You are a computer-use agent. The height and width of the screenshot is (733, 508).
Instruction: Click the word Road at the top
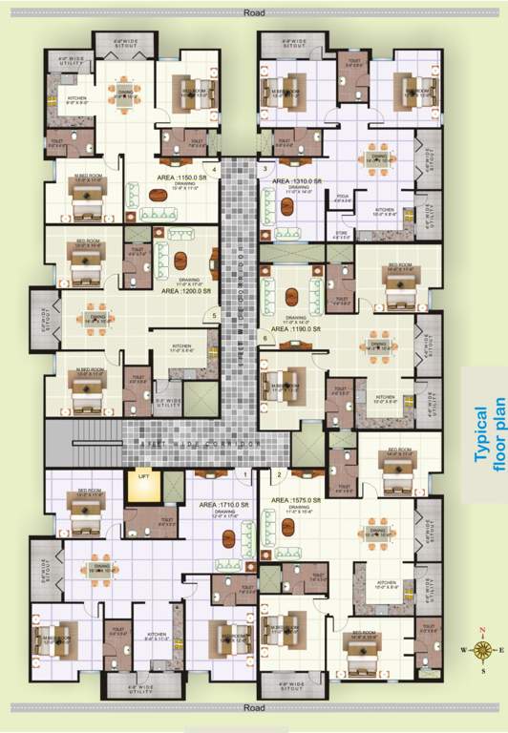[x=253, y=13]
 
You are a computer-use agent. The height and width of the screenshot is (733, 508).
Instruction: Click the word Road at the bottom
[x=253, y=708]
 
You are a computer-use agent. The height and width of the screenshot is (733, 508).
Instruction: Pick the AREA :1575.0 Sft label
[x=300, y=499]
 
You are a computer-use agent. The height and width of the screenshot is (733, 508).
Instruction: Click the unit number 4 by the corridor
[x=216, y=170]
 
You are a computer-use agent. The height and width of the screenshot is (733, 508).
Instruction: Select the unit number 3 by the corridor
[x=265, y=170]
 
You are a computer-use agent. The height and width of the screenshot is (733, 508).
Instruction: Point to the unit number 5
[x=216, y=316]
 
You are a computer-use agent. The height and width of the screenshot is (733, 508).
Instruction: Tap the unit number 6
[x=265, y=338]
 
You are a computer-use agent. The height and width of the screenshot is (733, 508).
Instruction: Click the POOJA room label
[x=343, y=196]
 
